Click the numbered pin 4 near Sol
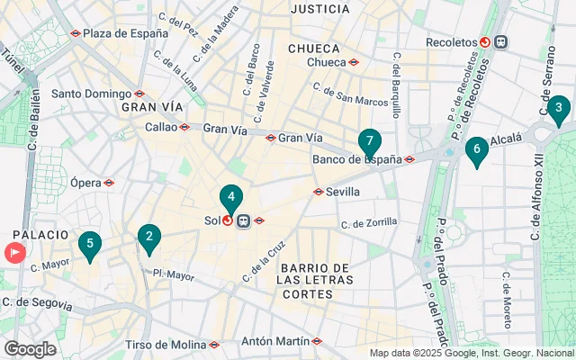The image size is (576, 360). click(231, 197)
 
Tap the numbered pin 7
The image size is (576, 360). click(369, 141)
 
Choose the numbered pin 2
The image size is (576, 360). click(148, 238)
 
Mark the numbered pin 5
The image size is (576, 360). click(89, 243)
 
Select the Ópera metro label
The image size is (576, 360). click(86, 183)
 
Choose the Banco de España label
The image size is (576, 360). click(356, 160)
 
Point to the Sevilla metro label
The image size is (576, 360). click(343, 192)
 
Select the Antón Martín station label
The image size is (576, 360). click(275, 341)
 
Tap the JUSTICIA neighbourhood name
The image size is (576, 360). click(320, 9)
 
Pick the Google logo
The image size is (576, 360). click(30, 349)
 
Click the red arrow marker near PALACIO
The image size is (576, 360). click(15, 253)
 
